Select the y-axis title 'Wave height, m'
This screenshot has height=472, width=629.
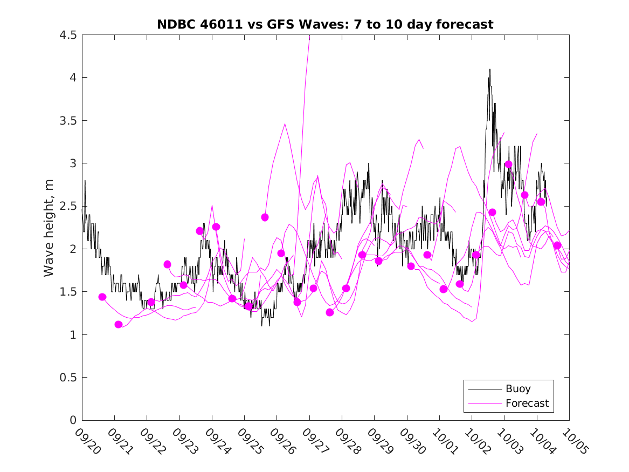tap(49, 227)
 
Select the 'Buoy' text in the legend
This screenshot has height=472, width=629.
tap(518, 389)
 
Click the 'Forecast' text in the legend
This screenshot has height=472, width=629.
tap(527, 403)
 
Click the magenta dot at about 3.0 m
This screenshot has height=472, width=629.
tap(508, 165)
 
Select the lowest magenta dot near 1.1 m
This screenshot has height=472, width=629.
tap(119, 324)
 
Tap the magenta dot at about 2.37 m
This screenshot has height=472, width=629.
tap(265, 217)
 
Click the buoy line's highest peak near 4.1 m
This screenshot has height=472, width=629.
tap(489, 70)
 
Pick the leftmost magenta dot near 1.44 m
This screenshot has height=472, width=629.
tap(102, 297)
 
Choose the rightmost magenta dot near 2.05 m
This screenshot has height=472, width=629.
tap(557, 245)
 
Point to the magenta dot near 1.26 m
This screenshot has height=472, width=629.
tap(330, 312)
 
